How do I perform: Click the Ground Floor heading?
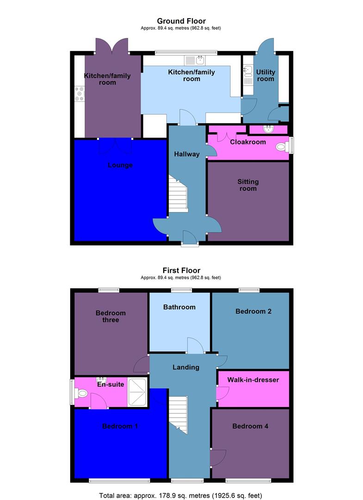point(181,21)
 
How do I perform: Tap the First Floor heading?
point(181,270)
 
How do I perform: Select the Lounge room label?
point(120,165)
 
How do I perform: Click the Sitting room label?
point(248,185)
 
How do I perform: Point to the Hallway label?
point(186,154)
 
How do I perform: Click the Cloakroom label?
point(248,142)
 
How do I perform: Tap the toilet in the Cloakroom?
point(281,147)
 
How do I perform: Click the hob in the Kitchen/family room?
point(79,94)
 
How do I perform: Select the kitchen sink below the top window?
point(195,61)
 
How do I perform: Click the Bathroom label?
point(179,307)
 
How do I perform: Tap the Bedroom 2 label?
point(253,312)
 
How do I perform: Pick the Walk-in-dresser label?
point(253,380)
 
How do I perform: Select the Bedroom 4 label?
point(250,426)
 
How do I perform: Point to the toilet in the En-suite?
point(82,394)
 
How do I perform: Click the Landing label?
point(186,367)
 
